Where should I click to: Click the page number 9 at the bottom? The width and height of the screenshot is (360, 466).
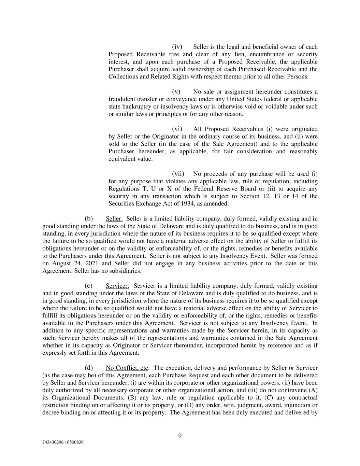click(x=180, y=435)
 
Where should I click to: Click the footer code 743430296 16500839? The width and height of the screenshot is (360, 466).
click(x=63, y=442)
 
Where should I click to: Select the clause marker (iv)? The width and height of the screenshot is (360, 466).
click(x=177, y=47)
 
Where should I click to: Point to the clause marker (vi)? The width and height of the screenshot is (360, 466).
click(x=177, y=129)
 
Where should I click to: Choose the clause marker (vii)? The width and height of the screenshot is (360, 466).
click(x=178, y=173)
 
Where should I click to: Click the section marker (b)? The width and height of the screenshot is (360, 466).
click(x=89, y=218)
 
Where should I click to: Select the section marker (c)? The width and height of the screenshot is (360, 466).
click(x=89, y=286)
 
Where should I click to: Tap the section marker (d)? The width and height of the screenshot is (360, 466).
click(x=89, y=368)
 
